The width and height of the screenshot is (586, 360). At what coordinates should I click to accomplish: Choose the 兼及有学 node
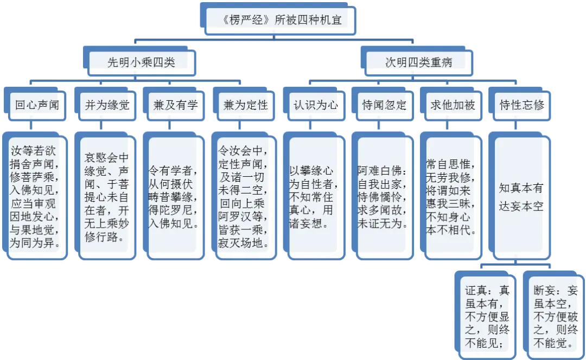(175, 105)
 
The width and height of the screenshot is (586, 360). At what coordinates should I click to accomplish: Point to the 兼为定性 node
(245, 105)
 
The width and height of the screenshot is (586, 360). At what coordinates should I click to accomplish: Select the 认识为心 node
(315, 105)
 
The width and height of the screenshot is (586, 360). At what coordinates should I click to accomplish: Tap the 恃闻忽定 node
(384, 105)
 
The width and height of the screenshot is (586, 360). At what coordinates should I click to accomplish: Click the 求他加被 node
(453, 105)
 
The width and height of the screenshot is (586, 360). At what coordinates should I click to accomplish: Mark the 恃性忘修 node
(521, 105)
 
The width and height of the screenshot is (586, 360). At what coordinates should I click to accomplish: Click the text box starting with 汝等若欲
(36, 196)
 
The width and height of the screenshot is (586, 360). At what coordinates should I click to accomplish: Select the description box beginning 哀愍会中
(106, 196)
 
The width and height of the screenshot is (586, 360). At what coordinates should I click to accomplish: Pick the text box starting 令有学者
(175, 196)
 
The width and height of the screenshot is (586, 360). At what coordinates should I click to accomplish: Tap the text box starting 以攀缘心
(314, 196)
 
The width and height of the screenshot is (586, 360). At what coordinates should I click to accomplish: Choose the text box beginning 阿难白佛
(383, 196)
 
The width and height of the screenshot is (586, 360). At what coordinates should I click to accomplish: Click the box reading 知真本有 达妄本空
(521, 196)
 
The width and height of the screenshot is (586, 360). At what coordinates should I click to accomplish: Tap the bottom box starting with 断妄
(556, 313)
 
